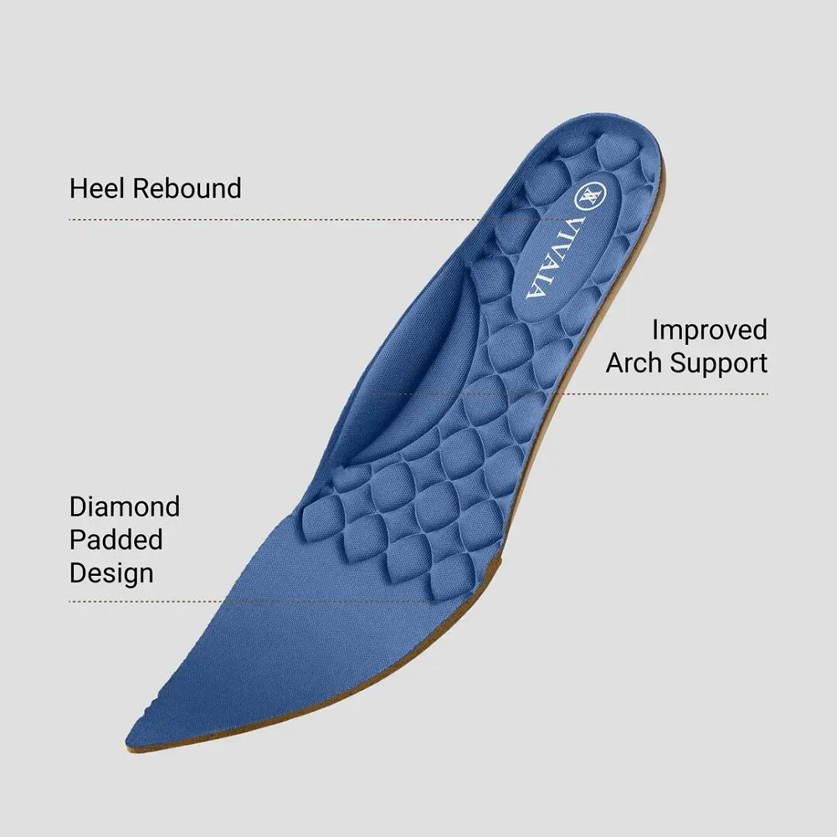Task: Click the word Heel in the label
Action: [x=96, y=188]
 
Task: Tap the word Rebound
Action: [x=187, y=188]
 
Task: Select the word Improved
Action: [x=710, y=331]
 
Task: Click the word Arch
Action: [x=634, y=362]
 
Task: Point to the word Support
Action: [x=719, y=364]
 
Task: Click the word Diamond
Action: [x=125, y=506]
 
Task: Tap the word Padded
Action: [x=116, y=540]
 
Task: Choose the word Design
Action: [x=111, y=574]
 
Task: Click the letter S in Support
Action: [x=678, y=362]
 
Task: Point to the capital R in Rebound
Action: [x=141, y=188]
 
